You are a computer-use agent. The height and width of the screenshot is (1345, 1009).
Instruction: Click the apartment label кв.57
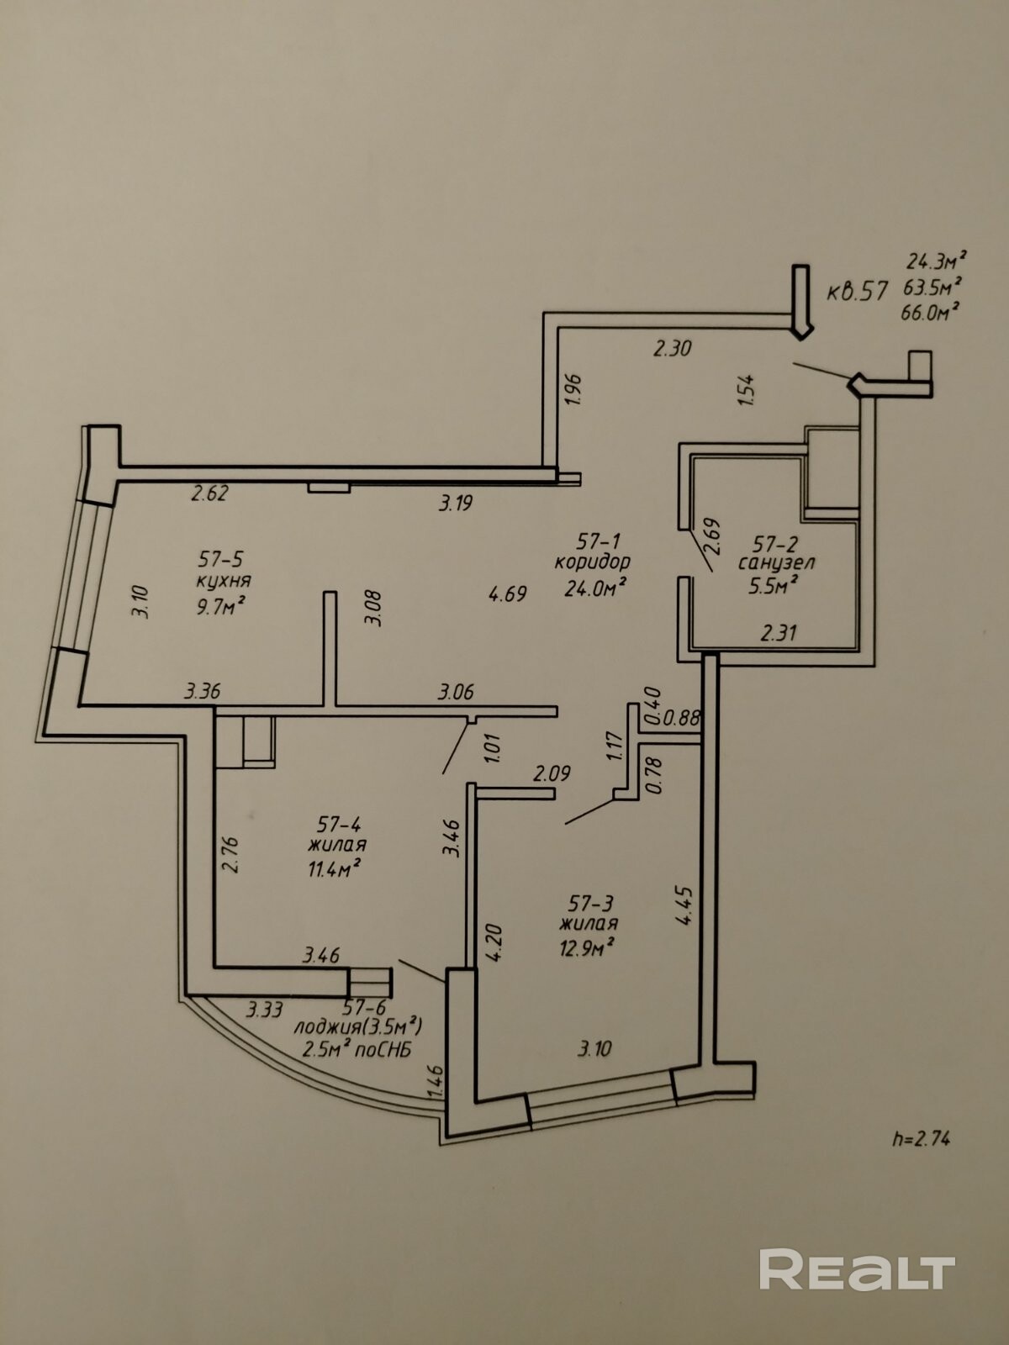[x=857, y=292]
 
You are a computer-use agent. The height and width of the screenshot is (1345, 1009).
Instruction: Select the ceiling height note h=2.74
[x=921, y=1138]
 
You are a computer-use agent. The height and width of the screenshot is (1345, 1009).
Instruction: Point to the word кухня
[x=225, y=580]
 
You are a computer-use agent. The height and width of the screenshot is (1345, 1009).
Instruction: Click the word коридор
[x=593, y=562]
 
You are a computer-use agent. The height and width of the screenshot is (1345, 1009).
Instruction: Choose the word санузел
[x=776, y=562]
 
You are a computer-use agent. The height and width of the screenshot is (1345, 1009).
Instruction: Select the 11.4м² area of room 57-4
[x=334, y=868]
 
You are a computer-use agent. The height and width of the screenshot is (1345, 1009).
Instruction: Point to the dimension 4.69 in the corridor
[x=507, y=593]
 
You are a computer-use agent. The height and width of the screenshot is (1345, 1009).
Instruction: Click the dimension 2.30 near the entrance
[x=672, y=349]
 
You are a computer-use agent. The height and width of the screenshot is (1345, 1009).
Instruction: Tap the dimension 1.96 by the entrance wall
[x=574, y=390]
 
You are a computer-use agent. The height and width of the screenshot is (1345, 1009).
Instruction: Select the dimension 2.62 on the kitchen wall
[x=209, y=493]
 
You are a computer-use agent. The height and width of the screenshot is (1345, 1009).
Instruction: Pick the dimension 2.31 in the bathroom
[x=779, y=632]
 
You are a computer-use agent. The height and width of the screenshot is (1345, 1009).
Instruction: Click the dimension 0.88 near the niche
[x=680, y=718]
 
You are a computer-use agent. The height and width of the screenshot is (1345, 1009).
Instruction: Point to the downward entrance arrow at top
[x=801, y=302]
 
